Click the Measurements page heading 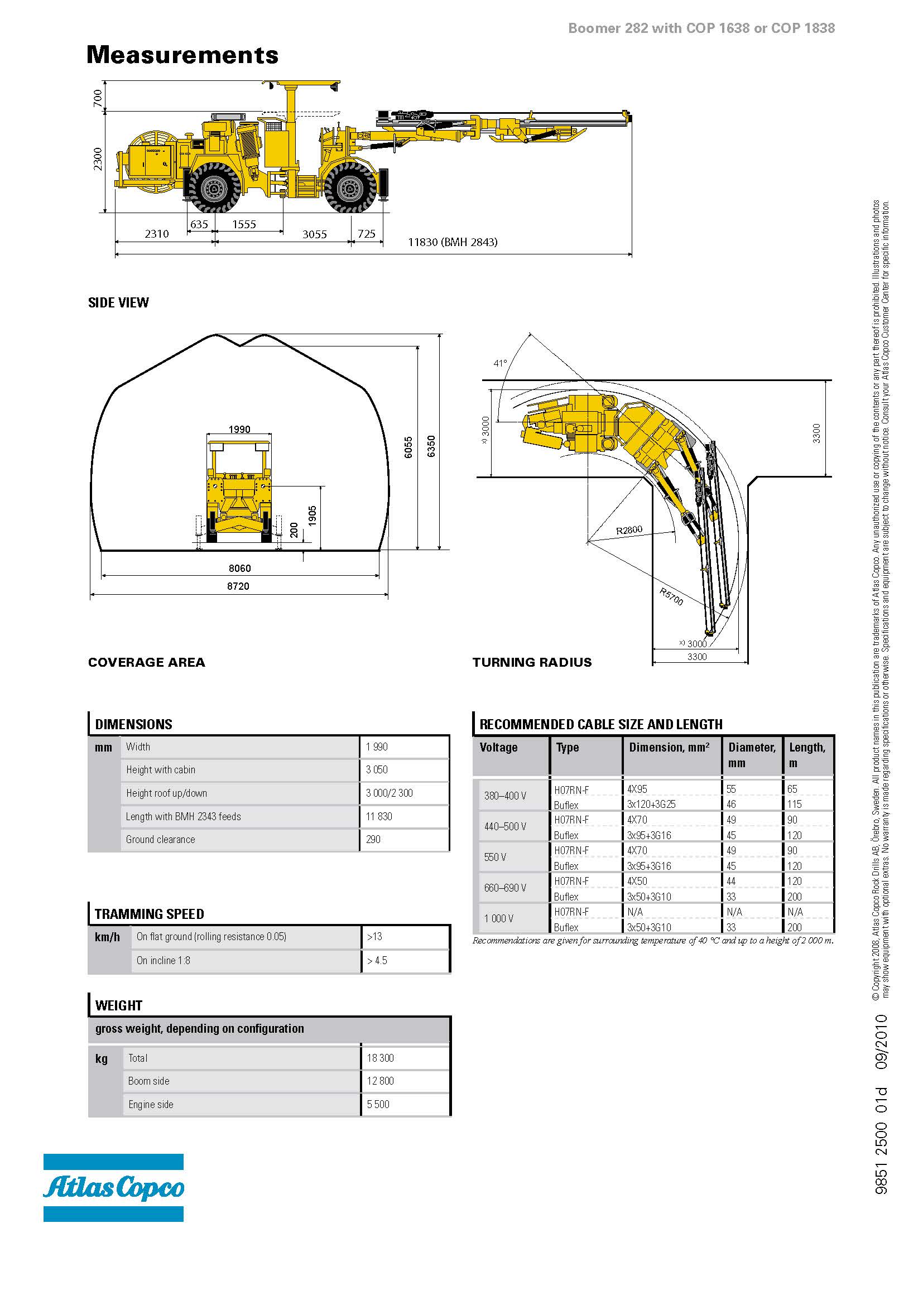[182, 55]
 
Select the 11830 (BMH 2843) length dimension [453, 242]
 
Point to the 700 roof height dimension [98, 97]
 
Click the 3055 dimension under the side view [314, 234]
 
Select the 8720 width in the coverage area [238, 586]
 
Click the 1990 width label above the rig [239, 429]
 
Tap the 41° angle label [500, 363]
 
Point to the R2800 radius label [629, 530]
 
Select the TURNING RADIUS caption [532, 662]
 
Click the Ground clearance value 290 [373, 840]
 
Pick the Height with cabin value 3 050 [377, 769]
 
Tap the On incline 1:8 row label [163, 961]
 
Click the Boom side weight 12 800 [380, 1081]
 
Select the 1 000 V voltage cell [499, 918]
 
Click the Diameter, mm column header [751, 755]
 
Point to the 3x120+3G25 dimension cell [651, 805]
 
